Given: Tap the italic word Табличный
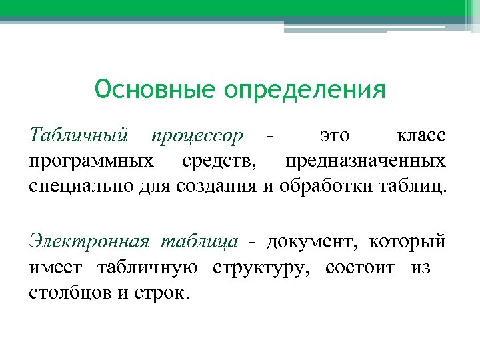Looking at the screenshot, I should tap(79, 137).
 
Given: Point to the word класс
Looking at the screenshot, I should tap(421, 137).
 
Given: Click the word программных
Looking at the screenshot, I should tap(91, 161).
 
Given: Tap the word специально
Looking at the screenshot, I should tap(81, 185).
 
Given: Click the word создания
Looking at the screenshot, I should tap(214, 185).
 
